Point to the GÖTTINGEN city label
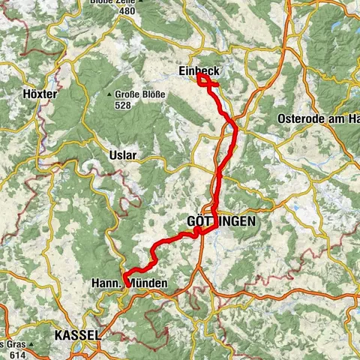(220, 222)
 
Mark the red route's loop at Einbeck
(204, 80)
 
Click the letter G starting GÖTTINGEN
(188, 222)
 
